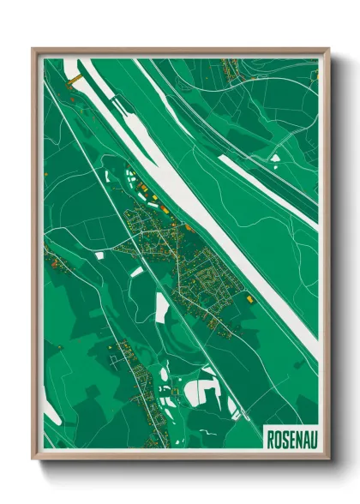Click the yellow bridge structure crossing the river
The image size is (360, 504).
75,79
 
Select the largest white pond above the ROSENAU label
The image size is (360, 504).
200,392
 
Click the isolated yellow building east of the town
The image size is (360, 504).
249,299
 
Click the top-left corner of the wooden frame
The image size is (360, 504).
33,49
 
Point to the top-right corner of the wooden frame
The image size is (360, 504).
328,49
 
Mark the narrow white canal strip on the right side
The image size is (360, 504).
266,184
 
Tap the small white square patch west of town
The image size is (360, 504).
99,255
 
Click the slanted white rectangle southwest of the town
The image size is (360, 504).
137,272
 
